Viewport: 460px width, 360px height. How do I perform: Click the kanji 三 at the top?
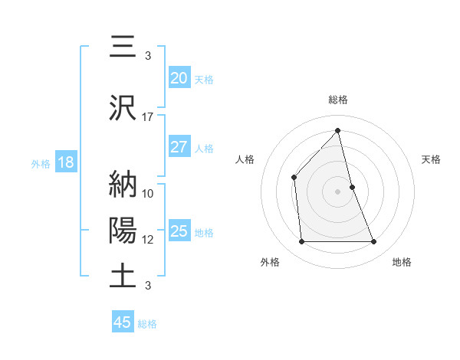123,47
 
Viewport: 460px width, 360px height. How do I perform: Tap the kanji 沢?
123,107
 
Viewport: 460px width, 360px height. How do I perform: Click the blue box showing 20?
179,77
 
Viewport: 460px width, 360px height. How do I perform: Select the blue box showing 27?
179,147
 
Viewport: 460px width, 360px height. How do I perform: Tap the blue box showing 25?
179,231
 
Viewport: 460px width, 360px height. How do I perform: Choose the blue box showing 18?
65,162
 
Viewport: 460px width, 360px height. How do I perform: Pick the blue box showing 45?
123,322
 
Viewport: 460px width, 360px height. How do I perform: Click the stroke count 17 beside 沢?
148,116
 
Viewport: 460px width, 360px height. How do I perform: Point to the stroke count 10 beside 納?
148,193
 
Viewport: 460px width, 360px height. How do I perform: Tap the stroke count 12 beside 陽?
148,239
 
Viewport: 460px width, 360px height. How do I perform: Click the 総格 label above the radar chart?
338,100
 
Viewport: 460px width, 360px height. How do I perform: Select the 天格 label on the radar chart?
432,159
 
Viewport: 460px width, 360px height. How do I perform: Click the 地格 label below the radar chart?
402,262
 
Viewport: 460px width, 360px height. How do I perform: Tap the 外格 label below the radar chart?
270,262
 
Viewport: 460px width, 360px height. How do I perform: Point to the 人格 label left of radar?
245,159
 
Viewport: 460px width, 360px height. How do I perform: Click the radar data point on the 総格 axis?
338,131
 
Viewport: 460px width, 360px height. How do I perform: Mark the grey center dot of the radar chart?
338,191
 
